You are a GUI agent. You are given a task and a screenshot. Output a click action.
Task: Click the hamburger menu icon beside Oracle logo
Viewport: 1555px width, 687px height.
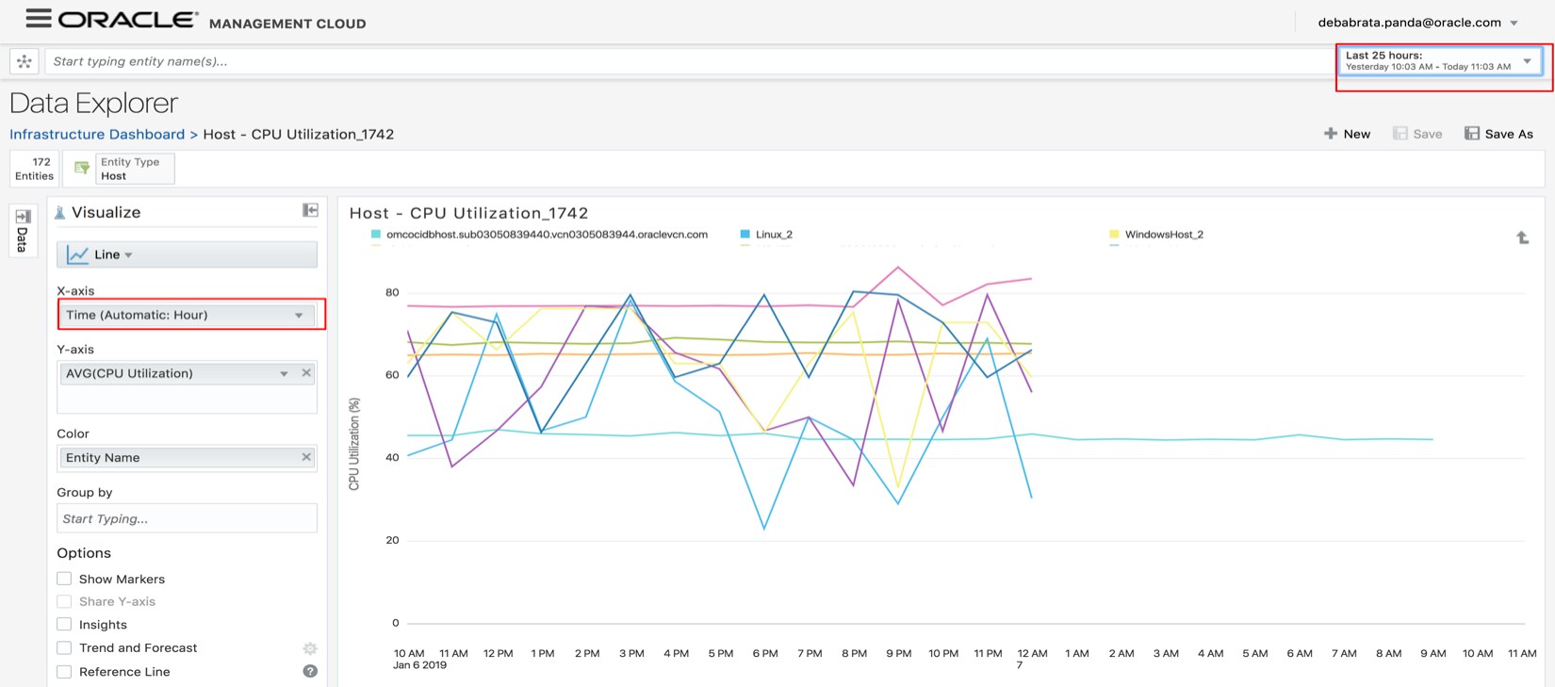(38, 17)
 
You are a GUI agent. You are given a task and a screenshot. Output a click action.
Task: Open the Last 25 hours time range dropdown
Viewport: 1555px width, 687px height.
(1441, 61)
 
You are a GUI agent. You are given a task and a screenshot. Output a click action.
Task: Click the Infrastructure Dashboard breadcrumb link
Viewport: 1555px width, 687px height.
(97, 134)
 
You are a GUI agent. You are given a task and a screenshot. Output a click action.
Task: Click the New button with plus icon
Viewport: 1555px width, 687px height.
(1347, 134)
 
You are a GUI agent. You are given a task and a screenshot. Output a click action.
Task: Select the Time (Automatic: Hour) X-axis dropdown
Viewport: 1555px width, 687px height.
(187, 315)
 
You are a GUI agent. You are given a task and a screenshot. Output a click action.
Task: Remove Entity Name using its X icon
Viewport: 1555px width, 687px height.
(306, 457)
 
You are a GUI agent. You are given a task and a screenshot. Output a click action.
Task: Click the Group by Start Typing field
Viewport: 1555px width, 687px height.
(187, 518)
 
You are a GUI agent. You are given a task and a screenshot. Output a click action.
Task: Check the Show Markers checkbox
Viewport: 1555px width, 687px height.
(64, 579)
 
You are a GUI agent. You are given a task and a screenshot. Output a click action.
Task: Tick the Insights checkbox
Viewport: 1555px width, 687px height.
(64, 624)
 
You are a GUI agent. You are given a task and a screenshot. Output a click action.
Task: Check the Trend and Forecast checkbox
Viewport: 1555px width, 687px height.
(64, 647)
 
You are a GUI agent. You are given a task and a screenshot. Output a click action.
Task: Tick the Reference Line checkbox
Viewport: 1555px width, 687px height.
(64, 672)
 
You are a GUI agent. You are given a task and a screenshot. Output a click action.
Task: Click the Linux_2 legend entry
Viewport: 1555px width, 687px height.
(773, 235)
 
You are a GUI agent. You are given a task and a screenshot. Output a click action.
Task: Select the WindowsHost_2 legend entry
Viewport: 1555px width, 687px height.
(1163, 235)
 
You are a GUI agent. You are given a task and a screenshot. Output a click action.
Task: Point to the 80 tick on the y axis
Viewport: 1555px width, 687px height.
(392, 292)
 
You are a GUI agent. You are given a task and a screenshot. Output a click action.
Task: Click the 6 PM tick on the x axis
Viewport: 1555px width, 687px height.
(765, 653)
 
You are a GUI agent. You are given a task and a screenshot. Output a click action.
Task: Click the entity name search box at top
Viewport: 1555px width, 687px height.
(688, 61)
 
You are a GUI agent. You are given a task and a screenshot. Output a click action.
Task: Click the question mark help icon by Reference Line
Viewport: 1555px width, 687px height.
(310, 671)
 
